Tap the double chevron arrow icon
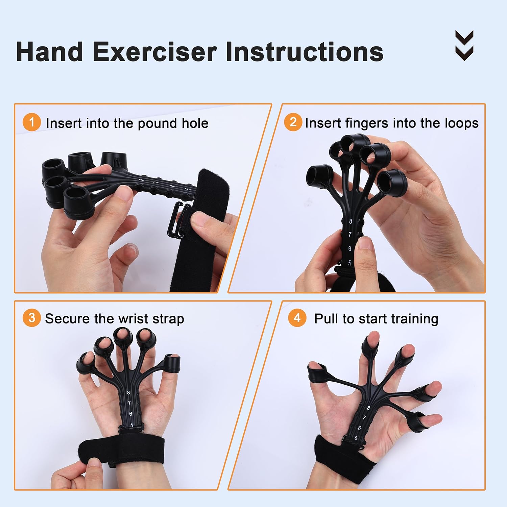pos(464,45)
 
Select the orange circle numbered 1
pos(32,122)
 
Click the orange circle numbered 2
pos(293,122)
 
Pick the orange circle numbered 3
pos(32,318)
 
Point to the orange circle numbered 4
pos(297,318)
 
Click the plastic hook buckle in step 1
pos(176,220)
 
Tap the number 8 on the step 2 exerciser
pos(351,221)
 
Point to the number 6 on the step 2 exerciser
pos(349,249)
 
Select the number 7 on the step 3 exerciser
pos(129,403)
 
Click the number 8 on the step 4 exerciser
pos(368,408)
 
